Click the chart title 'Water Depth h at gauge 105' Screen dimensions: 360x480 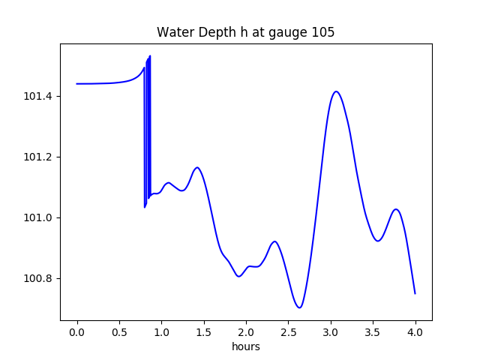(245, 32)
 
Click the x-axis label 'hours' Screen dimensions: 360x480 (245, 346)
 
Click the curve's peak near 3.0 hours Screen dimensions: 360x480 (336, 91)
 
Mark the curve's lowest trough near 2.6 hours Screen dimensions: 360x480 (299, 307)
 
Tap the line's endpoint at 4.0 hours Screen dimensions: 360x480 (415, 293)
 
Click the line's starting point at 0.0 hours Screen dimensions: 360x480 (77, 84)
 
